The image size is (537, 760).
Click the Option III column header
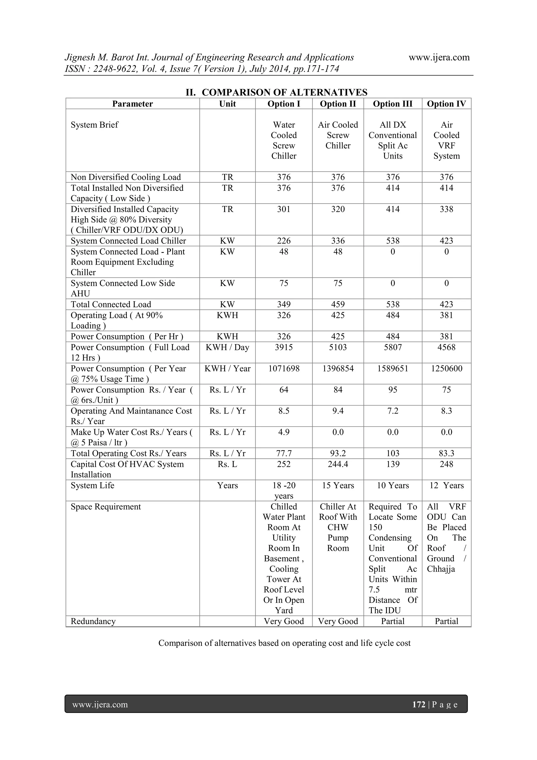pos(393,104)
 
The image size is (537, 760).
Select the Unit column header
pos(227,104)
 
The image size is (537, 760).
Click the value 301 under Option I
pos(283,209)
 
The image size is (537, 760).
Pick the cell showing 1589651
pos(393,368)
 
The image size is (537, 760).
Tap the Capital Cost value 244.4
pos(338,464)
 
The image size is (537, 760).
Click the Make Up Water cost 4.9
pos(283,432)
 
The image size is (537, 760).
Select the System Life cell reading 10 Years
pos(393,485)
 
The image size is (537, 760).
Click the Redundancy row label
pos(93,621)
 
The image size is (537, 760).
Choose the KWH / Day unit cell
pos(227,347)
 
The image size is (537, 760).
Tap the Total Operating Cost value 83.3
pos(446,453)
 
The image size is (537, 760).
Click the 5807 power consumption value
pos(393,347)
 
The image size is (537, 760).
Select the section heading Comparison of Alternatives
pos(276,92)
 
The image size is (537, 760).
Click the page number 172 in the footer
pos(418,704)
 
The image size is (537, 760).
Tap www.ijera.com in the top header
pos(439,57)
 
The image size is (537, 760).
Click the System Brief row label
pos(94,125)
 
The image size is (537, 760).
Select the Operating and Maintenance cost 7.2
pos(393,411)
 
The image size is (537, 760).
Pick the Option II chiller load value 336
pos(338,241)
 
